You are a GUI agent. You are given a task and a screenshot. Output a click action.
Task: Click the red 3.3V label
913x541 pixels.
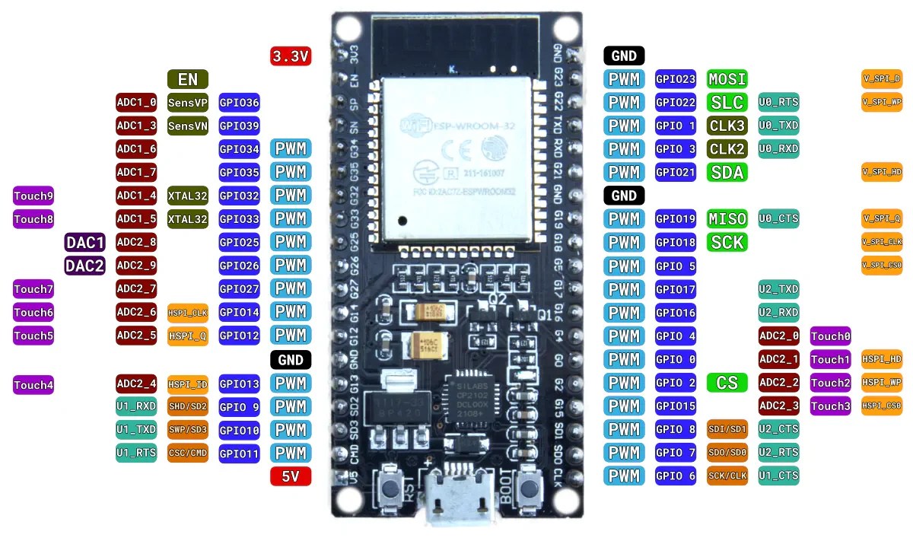291,56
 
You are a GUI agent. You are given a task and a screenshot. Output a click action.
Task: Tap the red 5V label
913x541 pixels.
291,477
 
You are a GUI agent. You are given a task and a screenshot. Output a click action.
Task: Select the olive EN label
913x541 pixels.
187,79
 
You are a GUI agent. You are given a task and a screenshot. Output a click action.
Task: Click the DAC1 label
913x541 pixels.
85,243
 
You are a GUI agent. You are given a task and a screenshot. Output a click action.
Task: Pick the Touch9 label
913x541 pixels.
33,196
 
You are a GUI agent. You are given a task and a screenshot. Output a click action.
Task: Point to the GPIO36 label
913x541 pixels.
239,103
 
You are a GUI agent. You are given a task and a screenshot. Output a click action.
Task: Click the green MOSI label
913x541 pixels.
727,78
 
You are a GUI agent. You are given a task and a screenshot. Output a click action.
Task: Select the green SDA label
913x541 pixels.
727,172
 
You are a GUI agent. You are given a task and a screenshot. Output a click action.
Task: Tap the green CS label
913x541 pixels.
727,383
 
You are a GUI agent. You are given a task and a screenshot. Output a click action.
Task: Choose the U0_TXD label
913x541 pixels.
778,125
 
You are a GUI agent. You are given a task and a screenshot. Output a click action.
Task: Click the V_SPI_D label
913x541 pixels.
882,78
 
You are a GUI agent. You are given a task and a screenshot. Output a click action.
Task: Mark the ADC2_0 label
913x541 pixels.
778,336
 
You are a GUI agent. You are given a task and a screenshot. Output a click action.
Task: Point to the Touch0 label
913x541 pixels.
830,336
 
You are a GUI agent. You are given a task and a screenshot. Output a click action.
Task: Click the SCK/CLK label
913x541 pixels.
727,476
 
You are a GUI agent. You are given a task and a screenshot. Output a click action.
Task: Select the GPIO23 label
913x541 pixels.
675,78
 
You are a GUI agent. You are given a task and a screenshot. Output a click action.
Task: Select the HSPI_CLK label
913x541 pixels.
187,312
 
